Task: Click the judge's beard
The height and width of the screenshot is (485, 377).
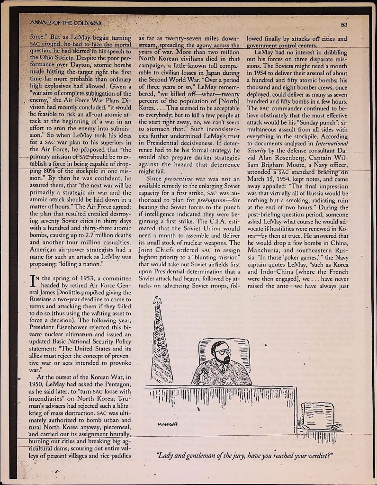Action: [224, 359]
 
